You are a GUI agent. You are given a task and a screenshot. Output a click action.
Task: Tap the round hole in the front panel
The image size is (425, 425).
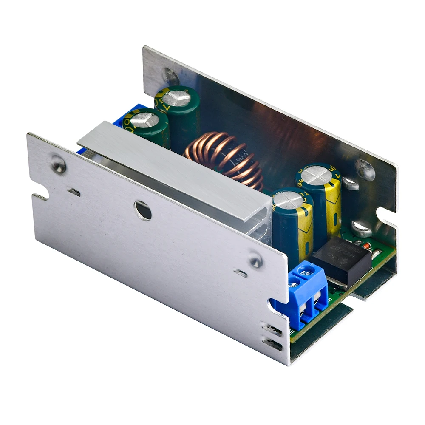[x=143, y=210]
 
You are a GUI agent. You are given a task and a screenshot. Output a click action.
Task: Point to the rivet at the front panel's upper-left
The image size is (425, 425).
[x=59, y=164]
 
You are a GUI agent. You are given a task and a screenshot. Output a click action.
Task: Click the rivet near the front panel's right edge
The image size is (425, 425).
[x=255, y=260]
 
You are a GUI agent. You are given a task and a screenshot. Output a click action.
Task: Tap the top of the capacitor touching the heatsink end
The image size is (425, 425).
[x=288, y=200]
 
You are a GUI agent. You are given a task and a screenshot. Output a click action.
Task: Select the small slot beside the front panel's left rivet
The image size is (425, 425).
[x=74, y=193]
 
